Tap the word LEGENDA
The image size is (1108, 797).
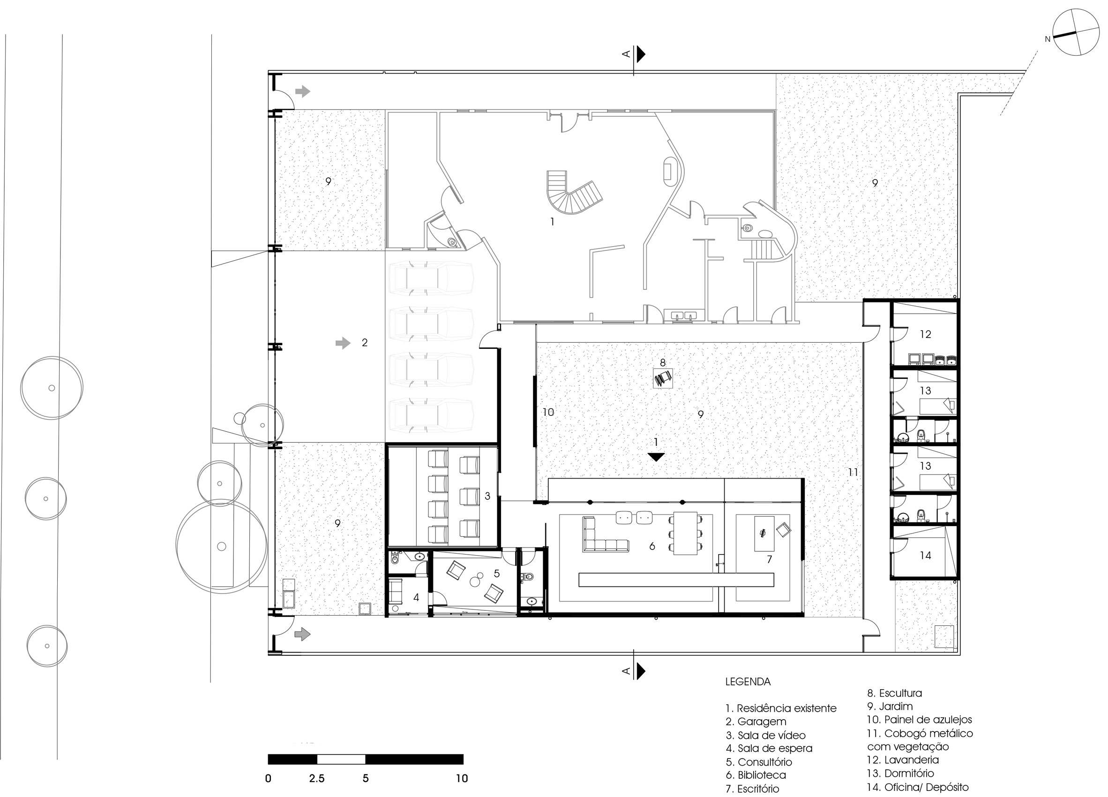coord(748,682)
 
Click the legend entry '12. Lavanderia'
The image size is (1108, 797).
coord(903,760)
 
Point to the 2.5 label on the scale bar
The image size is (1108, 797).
coord(316,778)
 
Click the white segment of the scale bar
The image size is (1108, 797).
coord(341,759)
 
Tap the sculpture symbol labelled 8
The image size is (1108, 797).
coord(663,378)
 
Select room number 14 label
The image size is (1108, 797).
coord(925,556)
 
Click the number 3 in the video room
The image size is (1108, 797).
coord(487,496)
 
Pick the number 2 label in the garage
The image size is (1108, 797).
coord(365,343)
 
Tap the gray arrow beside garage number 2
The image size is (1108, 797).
coord(343,343)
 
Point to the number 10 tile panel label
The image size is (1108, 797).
coord(548,413)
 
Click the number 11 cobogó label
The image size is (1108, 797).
coord(853,472)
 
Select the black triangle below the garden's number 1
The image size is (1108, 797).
coord(656,457)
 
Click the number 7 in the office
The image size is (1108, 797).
coord(770,559)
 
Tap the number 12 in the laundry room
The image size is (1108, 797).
coord(925,334)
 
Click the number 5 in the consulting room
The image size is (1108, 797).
coord(496,574)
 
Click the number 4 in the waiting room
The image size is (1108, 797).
coord(416,597)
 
